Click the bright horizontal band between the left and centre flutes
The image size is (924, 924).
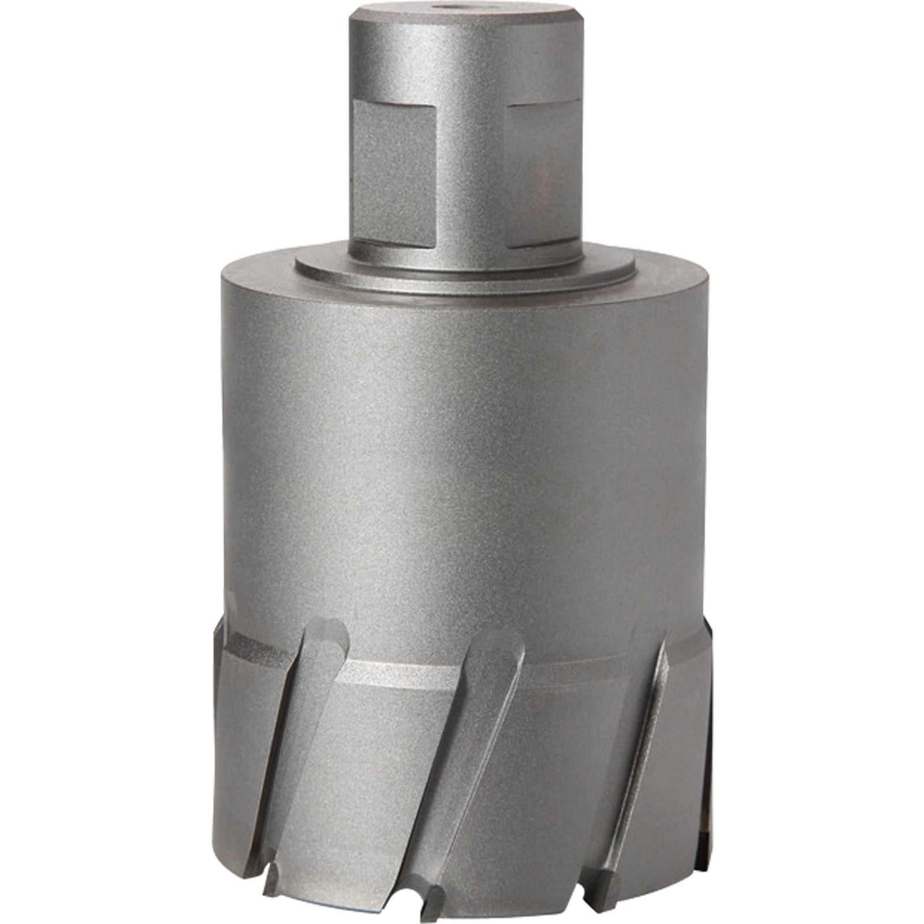(x=398, y=676)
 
